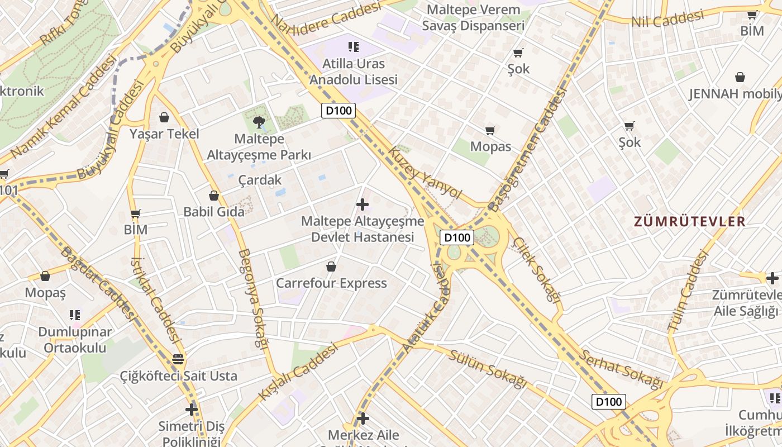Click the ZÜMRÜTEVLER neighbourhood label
689,221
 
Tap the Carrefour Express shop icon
331,267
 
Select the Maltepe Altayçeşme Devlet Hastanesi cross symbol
363,205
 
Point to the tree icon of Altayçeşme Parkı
259,121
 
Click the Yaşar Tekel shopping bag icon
164,117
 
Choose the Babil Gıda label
214,212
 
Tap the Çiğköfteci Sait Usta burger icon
178,359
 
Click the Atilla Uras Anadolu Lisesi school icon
353,47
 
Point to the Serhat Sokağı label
620,369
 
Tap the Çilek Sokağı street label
537,269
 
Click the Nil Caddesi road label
667,20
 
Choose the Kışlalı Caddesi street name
298,371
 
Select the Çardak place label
260,180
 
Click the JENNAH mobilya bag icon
740,77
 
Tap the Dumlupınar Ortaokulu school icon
75,315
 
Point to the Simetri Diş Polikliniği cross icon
192,410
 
